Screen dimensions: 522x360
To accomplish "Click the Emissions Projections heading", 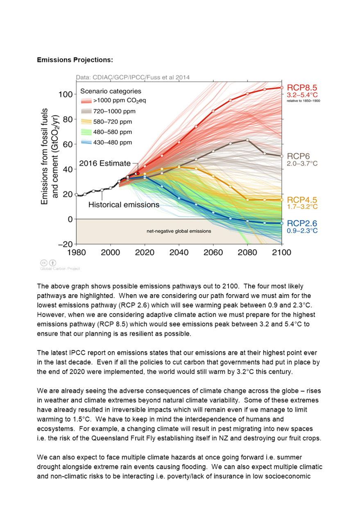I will pos(75,60).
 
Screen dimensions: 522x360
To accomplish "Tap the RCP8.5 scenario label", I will pos(302,88).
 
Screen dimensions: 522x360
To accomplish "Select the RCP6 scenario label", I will pos(299,157).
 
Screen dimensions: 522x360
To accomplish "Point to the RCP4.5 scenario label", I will pos(302,200).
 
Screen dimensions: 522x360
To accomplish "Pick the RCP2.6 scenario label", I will pos(302,223).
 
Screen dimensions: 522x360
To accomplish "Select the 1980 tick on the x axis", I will pos(77,252).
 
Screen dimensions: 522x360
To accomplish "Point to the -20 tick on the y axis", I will pos(66,244).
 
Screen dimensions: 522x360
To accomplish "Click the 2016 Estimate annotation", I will pos(105,163).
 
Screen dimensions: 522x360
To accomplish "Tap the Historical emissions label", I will pos(124,204).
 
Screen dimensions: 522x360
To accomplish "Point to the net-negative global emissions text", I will pos(179,231).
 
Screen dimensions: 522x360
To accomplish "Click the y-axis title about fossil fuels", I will pos(49,156).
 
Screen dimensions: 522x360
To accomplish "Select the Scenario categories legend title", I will pos(111,91).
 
